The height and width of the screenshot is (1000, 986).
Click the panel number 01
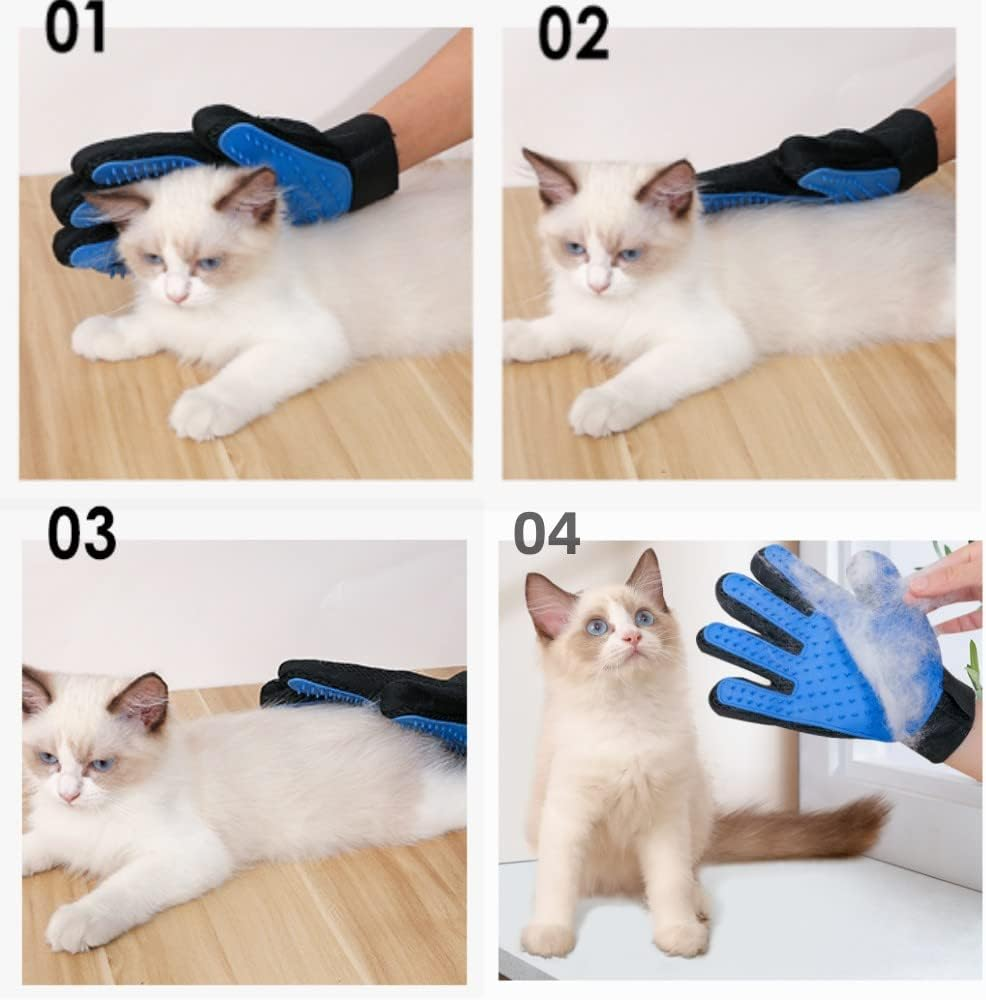[x=75, y=29]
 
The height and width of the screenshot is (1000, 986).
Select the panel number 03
[x=81, y=534]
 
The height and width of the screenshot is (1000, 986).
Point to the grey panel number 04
[x=547, y=533]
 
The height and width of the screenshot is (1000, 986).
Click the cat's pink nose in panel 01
[x=177, y=293]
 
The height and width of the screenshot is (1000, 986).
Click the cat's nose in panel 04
[x=631, y=637]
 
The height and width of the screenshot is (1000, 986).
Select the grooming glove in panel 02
[x=820, y=170]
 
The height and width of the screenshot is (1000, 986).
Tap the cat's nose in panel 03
[x=69, y=793]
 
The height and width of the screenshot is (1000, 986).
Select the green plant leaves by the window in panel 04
[x=972, y=660]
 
